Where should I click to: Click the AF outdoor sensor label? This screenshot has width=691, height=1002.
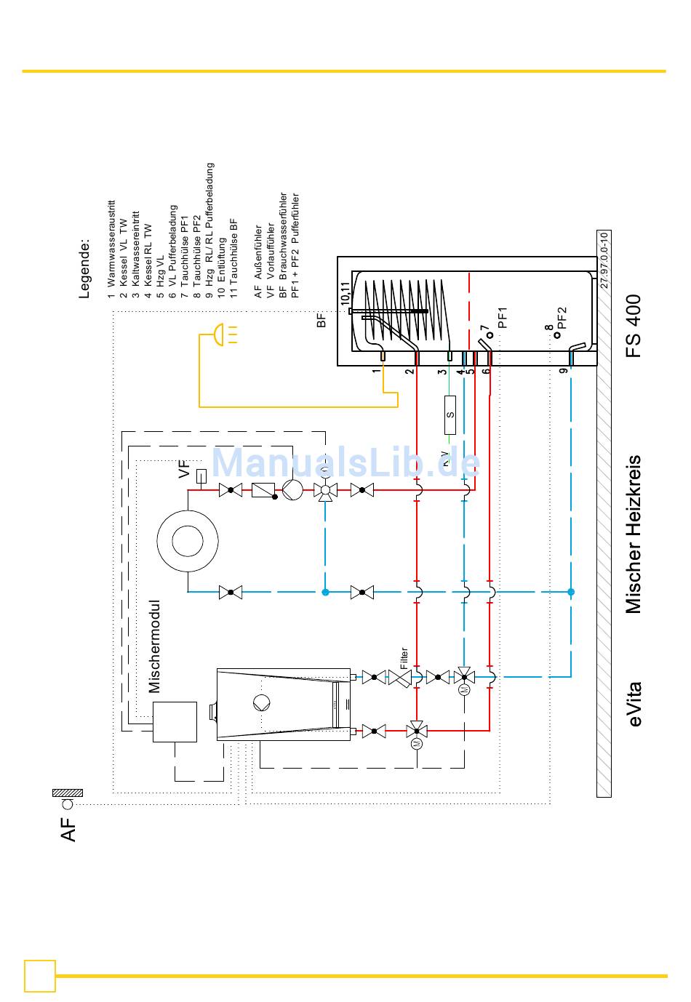pyautogui.click(x=68, y=829)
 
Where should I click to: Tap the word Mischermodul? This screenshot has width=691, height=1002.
pyautogui.click(x=153, y=646)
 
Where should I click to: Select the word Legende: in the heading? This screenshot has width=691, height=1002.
pyautogui.click(x=85, y=268)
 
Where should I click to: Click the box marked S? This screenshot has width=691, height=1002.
pyautogui.click(x=450, y=414)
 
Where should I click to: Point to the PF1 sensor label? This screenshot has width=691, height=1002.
pyautogui.click(x=502, y=318)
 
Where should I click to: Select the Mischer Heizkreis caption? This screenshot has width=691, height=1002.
pyautogui.click(x=634, y=534)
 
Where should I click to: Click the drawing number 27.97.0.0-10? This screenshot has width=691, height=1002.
pyautogui.click(x=605, y=260)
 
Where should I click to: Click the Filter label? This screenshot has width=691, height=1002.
pyautogui.click(x=404, y=654)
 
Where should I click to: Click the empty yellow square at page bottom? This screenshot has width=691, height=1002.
pyautogui.click(x=40, y=976)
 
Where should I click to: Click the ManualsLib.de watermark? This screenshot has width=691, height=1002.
pyautogui.click(x=345, y=462)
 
